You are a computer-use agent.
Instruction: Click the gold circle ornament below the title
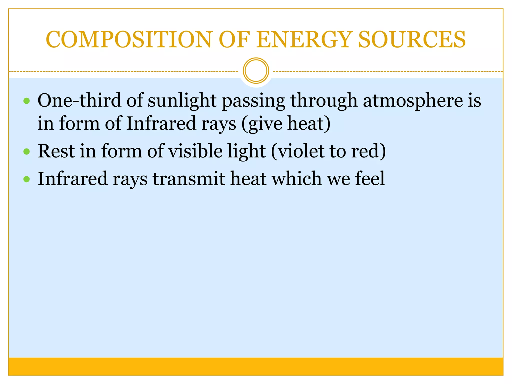tap(256, 71)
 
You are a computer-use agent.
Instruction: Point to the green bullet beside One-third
tap(26, 101)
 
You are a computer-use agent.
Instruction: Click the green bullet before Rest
tap(26, 151)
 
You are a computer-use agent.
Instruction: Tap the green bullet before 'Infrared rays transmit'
tap(26, 179)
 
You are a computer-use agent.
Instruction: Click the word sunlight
tap(182, 100)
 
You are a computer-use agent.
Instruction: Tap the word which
tap(296, 178)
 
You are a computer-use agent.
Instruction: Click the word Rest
tap(56, 151)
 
